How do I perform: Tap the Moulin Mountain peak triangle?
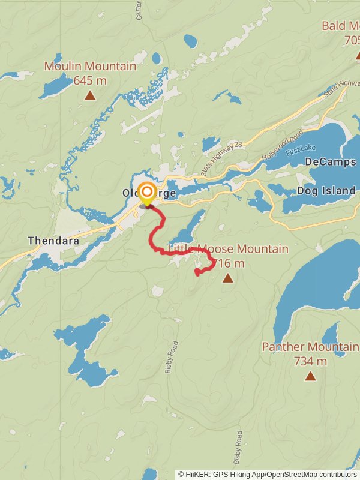pos(90,95)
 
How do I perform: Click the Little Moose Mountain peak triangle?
pos(227,278)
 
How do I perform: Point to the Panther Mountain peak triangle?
pos(310,376)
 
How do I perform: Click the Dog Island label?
pos(326,191)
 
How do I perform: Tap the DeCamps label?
pos(330,162)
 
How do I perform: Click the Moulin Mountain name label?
pos(90,66)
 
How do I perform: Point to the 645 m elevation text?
pos(90,80)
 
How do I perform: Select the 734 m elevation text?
pos(310,361)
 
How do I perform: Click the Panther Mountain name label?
pos(310,347)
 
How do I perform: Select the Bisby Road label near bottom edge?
pos(239,448)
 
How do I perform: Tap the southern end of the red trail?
pos(197,274)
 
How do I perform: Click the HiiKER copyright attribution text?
pos(267,474)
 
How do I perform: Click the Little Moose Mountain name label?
pos(228,249)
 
